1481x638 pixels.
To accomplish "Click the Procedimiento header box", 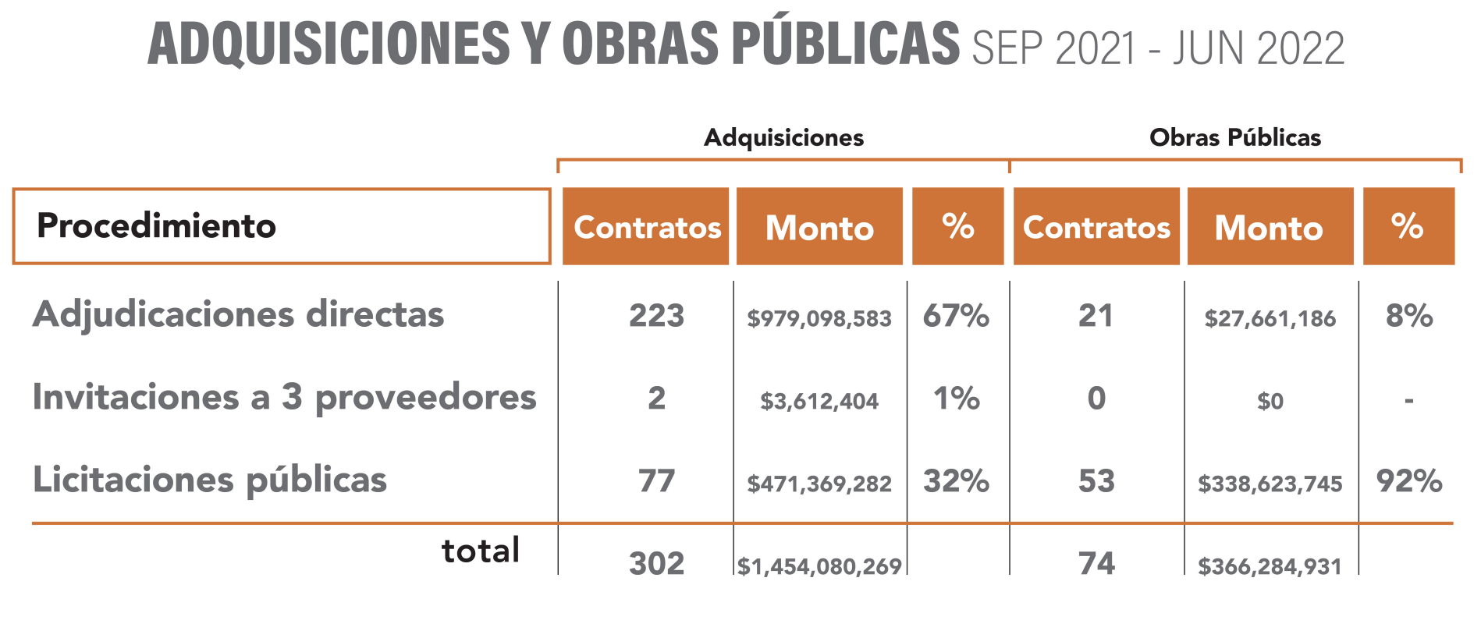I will [x=281, y=226].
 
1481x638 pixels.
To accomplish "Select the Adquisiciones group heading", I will [x=783, y=138].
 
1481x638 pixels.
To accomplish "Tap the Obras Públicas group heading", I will [x=1234, y=138].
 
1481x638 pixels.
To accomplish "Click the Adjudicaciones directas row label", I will [x=238, y=314].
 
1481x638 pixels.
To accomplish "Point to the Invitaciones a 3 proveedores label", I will [x=284, y=397].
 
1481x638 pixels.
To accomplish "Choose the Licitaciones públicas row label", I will [x=209, y=480].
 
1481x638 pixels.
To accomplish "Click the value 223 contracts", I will [x=656, y=316].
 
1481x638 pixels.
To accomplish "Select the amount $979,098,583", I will [x=819, y=318].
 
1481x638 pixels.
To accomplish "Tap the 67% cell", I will [x=956, y=316].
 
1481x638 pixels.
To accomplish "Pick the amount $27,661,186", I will [x=1270, y=318].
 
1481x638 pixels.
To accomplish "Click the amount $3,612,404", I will [x=819, y=401].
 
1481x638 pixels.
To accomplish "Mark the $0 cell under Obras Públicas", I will [x=1270, y=401].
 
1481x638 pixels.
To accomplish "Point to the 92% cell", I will [x=1408, y=481].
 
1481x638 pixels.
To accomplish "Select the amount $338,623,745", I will [x=1270, y=484].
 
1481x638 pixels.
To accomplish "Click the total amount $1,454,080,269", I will [x=819, y=566].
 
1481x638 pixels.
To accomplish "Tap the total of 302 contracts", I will [x=656, y=563].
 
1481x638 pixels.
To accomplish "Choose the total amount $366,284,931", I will [x=1270, y=566].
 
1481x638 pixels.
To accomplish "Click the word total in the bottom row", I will [x=480, y=551].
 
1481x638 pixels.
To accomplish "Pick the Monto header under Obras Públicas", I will [x=1270, y=227].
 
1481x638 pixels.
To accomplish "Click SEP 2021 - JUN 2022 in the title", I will [x=1158, y=48].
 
